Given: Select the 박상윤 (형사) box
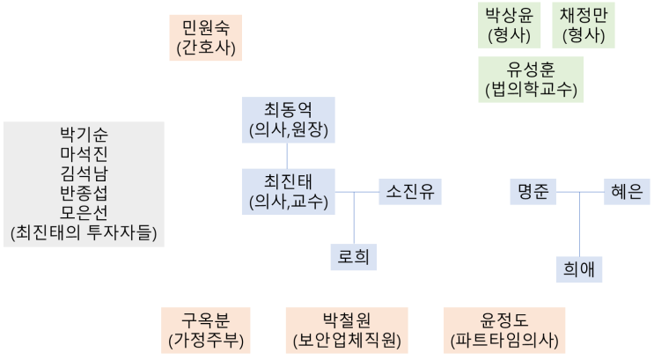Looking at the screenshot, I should (509, 26).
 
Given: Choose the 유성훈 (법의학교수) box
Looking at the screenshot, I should (531, 79).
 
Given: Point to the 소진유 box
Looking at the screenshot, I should (409, 191).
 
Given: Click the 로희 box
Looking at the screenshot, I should (354, 256).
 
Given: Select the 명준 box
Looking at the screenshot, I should (533, 191).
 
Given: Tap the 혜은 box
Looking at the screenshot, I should (627, 191).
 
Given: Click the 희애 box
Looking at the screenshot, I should (578, 268).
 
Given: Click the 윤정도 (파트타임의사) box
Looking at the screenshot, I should (504, 329).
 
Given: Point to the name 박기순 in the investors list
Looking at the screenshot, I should (84, 135).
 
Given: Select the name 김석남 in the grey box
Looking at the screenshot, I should (84, 174).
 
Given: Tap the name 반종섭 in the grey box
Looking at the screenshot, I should (84, 194).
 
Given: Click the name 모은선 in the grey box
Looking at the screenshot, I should (84, 214).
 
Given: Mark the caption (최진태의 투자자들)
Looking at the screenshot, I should (84, 234).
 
